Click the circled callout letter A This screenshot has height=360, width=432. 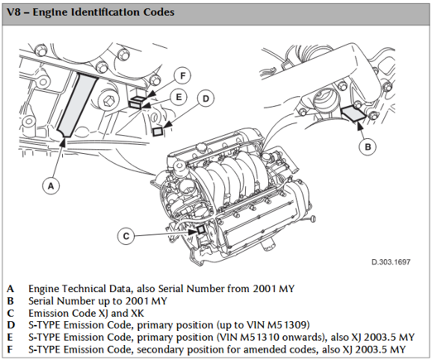[x=51, y=186]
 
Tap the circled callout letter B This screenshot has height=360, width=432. [x=368, y=146]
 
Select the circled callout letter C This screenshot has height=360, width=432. [x=126, y=236]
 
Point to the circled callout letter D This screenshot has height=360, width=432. [x=206, y=98]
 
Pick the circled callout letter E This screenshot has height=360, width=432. [x=179, y=97]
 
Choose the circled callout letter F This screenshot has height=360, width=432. [x=183, y=75]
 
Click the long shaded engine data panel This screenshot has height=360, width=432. [x=78, y=105]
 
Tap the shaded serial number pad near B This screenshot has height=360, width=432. [x=354, y=113]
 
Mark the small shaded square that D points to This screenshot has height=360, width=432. [x=158, y=132]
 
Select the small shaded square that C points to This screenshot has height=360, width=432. [x=200, y=229]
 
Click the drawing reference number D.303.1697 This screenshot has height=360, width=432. [x=391, y=262]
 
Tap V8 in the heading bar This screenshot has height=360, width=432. [x=13, y=12]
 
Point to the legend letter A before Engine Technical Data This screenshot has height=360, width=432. [x=11, y=289]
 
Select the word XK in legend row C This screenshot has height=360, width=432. [x=138, y=313]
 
